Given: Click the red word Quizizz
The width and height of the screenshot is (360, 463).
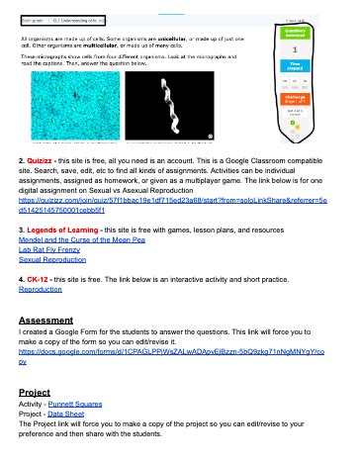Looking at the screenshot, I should coord(44,186).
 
